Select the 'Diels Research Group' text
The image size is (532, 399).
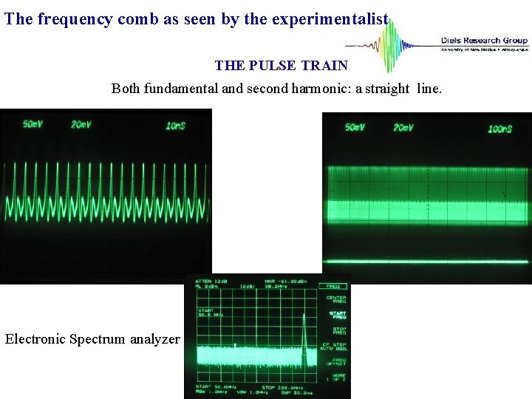click(x=484, y=41)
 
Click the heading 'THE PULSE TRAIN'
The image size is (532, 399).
click(x=281, y=66)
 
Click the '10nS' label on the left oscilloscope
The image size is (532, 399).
click(x=175, y=126)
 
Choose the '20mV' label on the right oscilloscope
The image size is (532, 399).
click(x=403, y=128)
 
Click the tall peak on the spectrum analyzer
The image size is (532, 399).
click(x=303, y=325)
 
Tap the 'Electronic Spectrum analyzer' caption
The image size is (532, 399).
click(x=92, y=339)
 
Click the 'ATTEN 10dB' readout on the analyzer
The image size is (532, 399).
click(x=210, y=281)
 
